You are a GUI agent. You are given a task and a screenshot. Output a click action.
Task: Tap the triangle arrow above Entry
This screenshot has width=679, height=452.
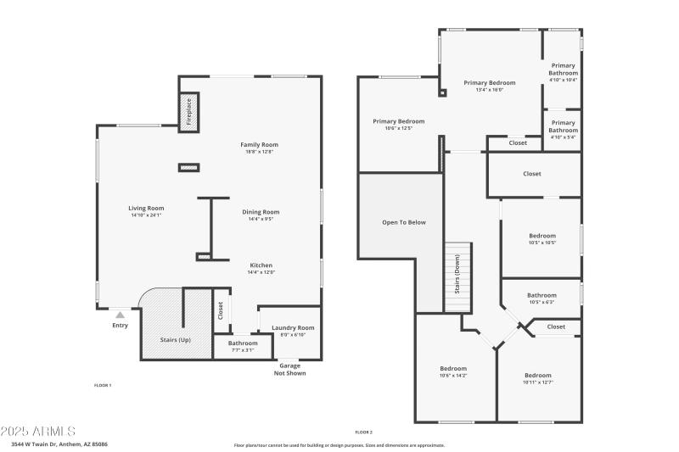[x=120, y=315]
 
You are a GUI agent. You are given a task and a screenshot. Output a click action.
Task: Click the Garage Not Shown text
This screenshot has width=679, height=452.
[x=290, y=370]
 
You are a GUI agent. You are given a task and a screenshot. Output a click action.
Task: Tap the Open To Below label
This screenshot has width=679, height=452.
[x=404, y=222]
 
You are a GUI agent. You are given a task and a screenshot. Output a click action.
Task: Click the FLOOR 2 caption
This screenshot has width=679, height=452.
[x=364, y=432]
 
